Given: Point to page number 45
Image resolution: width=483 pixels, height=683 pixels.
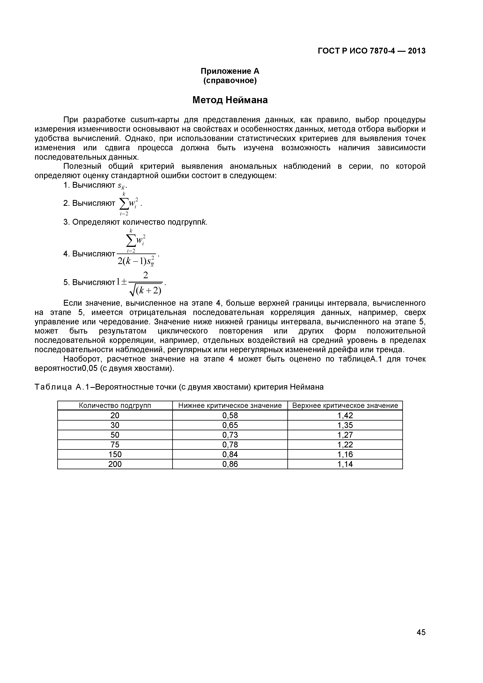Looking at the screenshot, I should click(421, 641).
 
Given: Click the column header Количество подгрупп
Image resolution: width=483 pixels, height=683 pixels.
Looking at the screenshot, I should click(115, 405).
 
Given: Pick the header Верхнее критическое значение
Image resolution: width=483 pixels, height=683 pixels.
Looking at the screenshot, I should click(345, 405).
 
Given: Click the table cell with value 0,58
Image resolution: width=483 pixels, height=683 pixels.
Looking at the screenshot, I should click(230, 415).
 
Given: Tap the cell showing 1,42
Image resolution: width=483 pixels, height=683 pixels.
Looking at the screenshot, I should click(345, 415).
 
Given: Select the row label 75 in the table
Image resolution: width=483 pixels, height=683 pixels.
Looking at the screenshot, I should click(115, 444).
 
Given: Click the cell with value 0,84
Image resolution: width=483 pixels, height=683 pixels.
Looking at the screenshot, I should click(230, 454).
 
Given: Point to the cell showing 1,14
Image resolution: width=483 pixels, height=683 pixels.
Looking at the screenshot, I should click(345, 464).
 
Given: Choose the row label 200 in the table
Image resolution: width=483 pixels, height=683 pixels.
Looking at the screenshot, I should click(115, 464).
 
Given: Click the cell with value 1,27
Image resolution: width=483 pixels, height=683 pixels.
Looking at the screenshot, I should click(345, 435).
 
